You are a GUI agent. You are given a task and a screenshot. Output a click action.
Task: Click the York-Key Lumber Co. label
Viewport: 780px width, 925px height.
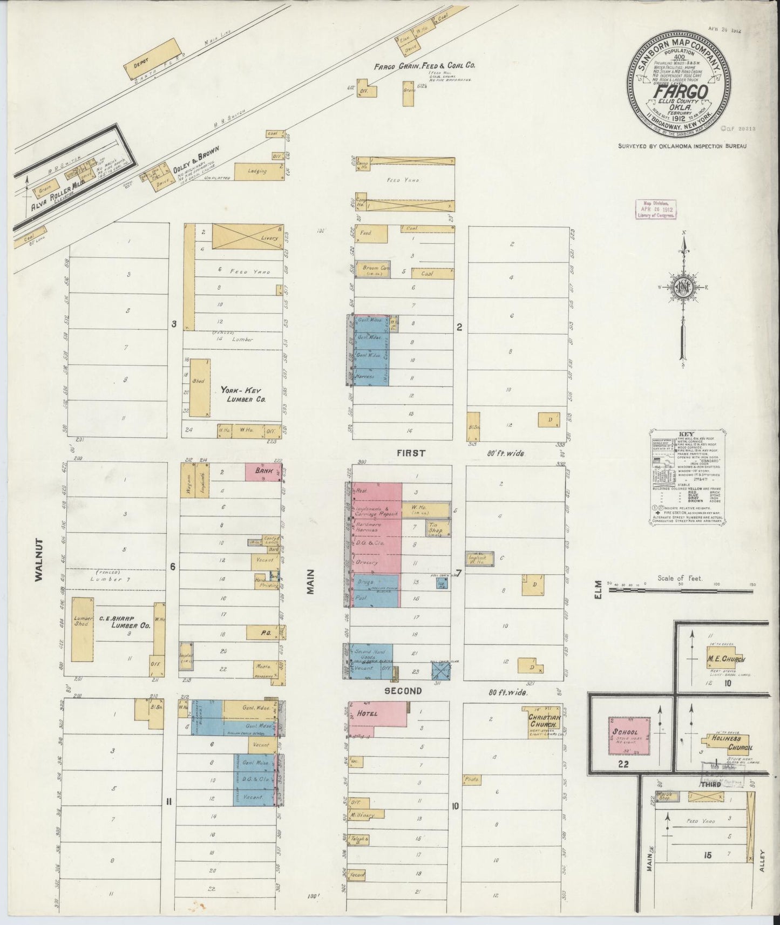243,397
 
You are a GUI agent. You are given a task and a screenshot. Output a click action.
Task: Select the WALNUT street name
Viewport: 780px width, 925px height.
39,559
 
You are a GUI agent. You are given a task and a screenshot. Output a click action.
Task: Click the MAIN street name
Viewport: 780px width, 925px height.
311,583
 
